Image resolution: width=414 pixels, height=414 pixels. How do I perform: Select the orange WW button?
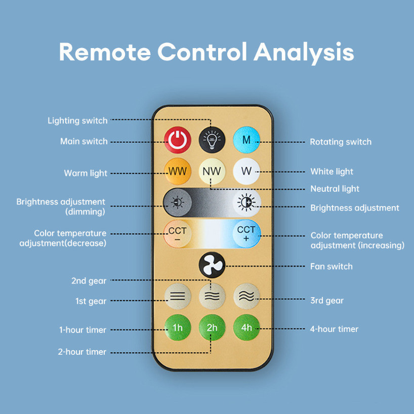[x=177, y=171]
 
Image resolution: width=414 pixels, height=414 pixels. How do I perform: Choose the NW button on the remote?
[x=212, y=171]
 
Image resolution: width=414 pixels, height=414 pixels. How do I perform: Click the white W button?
[x=246, y=171]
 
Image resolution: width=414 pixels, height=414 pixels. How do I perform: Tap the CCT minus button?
[x=177, y=234]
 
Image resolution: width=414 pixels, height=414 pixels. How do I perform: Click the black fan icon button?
[x=211, y=265]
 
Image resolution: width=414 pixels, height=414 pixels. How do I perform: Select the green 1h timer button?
[x=177, y=327]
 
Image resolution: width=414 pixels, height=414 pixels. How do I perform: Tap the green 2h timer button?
[x=212, y=327]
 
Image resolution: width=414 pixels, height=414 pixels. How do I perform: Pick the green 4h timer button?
[x=246, y=327]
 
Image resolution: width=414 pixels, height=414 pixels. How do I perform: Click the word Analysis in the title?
[x=303, y=52]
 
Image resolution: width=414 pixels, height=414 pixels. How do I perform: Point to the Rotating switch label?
[x=341, y=142]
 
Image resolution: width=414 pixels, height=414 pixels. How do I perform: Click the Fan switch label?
[x=331, y=266]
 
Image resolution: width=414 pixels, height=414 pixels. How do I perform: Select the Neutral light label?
[x=335, y=189]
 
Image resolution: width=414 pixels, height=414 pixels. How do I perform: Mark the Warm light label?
[x=86, y=173]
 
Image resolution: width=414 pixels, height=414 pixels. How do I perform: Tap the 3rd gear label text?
[x=326, y=301]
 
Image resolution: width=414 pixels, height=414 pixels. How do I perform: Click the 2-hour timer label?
[x=82, y=352]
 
